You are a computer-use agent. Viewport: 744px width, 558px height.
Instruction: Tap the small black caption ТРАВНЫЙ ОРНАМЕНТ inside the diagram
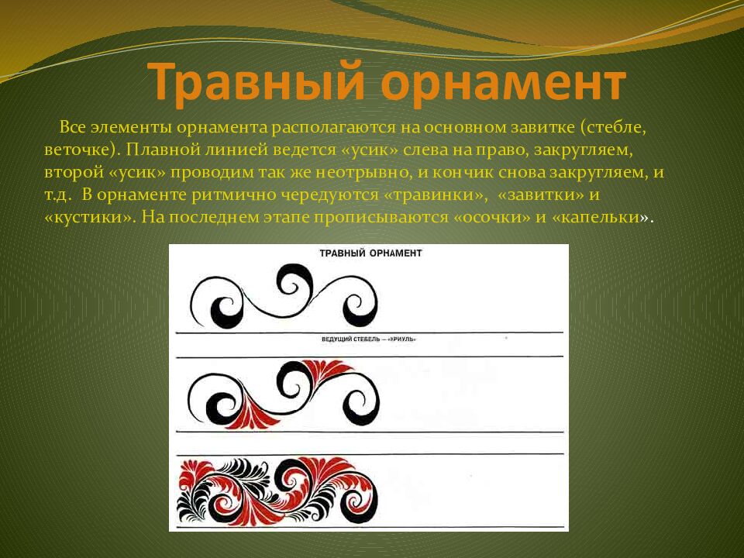click(370, 253)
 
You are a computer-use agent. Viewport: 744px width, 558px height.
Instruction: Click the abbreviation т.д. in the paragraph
click(59, 194)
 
